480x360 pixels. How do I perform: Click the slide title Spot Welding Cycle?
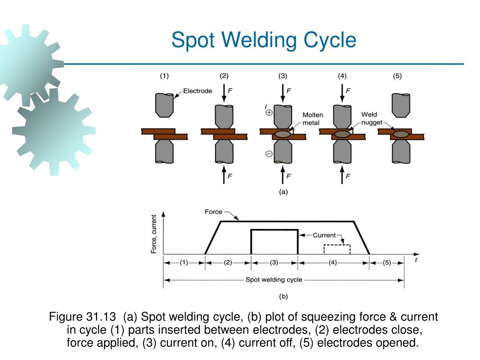[x=263, y=40]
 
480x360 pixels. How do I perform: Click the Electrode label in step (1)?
[x=197, y=91]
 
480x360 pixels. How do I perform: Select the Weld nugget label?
[x=372, y=118]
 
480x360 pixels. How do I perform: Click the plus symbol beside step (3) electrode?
[x=269, y=112]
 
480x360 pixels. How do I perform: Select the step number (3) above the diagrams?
[x=283, y=75]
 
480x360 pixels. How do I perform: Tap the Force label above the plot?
[x=213, y=212]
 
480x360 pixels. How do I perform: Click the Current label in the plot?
[x=324, y=235]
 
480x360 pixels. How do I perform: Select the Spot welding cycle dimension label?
[x=274, y=280]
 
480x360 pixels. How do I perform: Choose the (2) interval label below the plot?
[x=228, y=263]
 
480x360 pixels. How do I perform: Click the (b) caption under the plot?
[x=283, y=296]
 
